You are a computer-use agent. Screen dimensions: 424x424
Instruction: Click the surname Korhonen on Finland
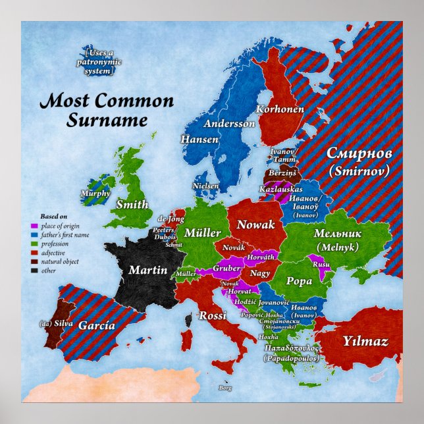[280, 109]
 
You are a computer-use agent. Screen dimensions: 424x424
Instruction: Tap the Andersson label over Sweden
[228, 123]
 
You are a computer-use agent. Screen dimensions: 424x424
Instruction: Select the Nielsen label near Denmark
[205, 186]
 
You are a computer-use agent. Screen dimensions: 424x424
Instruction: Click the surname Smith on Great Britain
[132, 204]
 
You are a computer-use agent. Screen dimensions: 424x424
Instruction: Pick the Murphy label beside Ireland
[95, 194]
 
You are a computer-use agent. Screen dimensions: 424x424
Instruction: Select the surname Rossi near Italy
[212, 315]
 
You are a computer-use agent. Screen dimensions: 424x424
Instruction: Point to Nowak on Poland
[256, 225]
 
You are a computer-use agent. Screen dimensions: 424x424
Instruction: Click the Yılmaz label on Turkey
[365, 341]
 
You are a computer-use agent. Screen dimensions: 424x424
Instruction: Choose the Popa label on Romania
[299, 281]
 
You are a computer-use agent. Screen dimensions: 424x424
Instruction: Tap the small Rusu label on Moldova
[321, 264]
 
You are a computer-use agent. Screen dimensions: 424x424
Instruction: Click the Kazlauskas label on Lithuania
[280, 189]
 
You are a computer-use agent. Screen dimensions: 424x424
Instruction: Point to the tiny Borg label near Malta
[225, 388]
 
